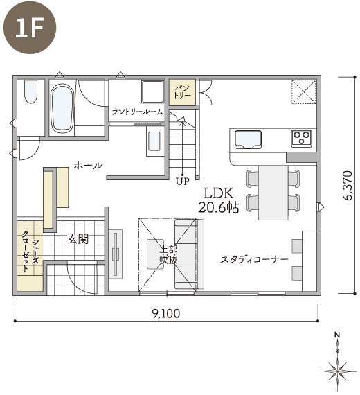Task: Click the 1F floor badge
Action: tap(30, 27)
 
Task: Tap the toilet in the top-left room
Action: tap(31, 91)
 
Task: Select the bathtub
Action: tap(62, 109)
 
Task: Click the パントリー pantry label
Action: tap(182, 92)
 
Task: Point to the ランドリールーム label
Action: tap(137, 112)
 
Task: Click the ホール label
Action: tap(88, 166)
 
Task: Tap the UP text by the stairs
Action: tap(183, 182)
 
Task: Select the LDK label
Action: tap(219, 193)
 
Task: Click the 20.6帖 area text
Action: tap(219, 208)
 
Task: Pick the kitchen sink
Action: tap(248, 140)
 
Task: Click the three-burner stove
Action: tap(302, 139)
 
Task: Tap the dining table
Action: tap(273, 193)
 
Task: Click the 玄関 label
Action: tap(78, 239)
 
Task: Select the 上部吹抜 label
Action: tap(169, 255)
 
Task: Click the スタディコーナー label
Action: tap(254, 259)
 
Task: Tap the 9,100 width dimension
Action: tap(166, 314)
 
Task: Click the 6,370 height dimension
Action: tap(348, 186)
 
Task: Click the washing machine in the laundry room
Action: tap(152, 91)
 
